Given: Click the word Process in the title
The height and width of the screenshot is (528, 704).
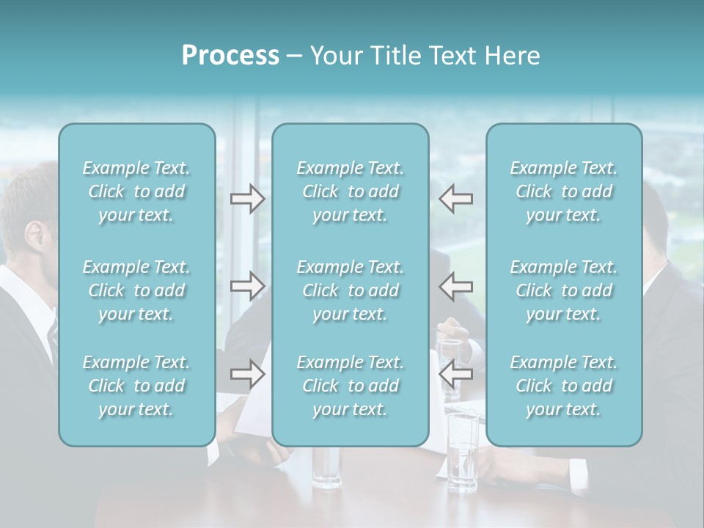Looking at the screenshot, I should pos(230,56).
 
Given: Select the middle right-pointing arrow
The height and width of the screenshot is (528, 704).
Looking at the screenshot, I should pos(247,286).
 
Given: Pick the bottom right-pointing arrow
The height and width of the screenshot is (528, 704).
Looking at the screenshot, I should pos(247,374).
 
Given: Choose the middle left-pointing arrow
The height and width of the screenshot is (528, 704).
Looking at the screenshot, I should pos(456,286).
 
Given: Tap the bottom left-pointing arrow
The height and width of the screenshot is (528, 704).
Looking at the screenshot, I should pos(456,374).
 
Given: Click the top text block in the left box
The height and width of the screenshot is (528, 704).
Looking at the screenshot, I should pos(136,191).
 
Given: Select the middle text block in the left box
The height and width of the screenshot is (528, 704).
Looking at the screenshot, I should pos(136,290).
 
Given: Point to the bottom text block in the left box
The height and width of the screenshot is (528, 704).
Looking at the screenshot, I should pos(136,386).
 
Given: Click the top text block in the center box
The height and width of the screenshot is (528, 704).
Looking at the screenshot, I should pos(351,191).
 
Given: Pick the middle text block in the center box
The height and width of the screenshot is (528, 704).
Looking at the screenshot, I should pos(351,290).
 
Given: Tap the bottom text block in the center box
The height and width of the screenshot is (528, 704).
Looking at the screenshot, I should pos(351,386).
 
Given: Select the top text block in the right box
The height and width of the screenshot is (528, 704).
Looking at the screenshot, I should pos(564,191).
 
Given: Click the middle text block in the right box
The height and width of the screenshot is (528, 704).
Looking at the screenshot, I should pos(564,290).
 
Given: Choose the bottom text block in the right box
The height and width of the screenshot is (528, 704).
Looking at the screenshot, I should pos(564,386).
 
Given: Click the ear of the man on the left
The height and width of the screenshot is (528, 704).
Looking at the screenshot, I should pos(34,236).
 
